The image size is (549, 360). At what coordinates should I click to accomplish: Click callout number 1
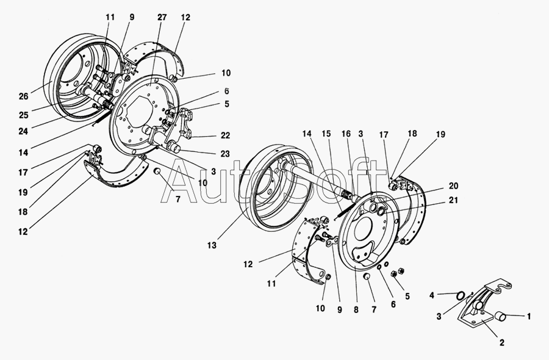[528, 316]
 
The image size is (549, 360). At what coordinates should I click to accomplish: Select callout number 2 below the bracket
[502, 343]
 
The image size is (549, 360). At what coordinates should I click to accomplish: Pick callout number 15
[326, 133]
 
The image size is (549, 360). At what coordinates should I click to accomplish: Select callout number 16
[346, 133]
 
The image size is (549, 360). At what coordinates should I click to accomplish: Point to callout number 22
[225, 136]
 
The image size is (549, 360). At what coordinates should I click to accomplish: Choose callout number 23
[225, 153]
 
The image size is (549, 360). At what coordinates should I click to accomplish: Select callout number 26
[23, 96]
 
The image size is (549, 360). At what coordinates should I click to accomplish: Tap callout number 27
[162, 18]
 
